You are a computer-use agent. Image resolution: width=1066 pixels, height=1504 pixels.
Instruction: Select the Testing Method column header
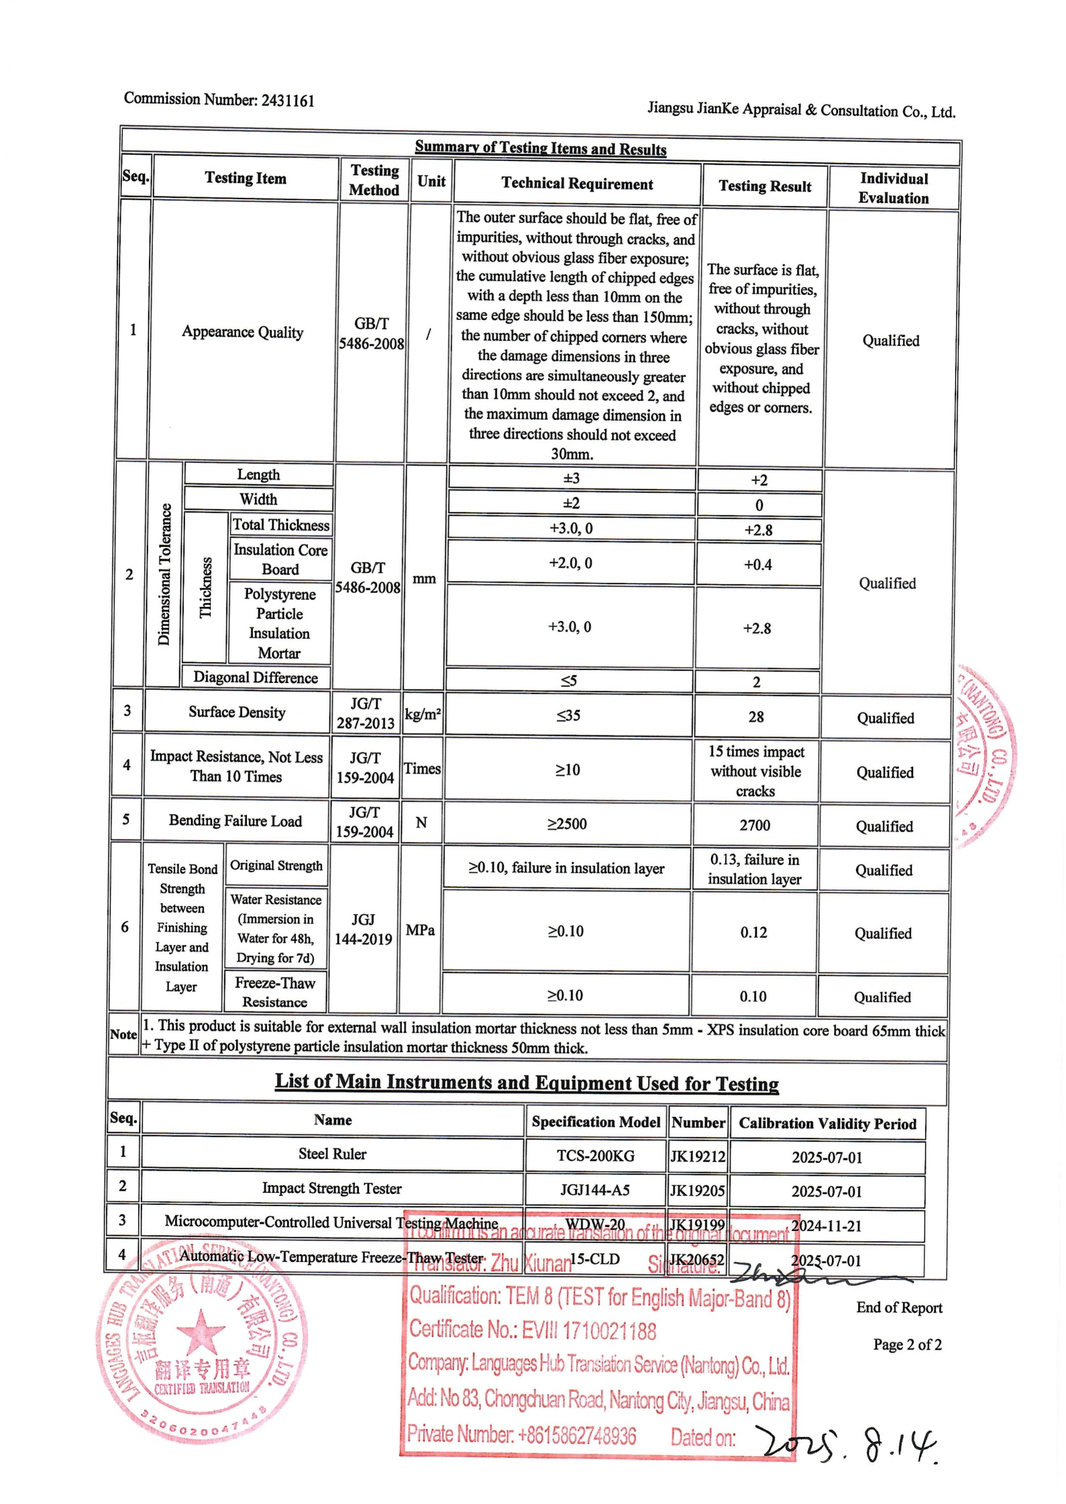(374, 180)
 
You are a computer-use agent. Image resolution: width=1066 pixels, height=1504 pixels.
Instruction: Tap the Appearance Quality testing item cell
(242, 332)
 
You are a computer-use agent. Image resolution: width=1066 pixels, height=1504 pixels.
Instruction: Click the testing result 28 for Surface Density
(755, 716)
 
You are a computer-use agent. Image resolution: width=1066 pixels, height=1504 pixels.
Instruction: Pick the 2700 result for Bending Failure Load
(754, 825)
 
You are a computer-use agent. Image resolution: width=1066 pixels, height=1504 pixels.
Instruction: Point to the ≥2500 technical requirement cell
(567, 824)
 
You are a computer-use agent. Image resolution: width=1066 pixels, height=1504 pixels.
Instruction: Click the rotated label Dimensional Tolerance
(164, 574)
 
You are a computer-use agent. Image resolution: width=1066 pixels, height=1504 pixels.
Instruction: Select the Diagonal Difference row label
(256, 677)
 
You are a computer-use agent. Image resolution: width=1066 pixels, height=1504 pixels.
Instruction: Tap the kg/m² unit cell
(422, 714)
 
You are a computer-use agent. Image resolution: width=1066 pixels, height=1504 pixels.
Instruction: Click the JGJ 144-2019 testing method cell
(363, 929)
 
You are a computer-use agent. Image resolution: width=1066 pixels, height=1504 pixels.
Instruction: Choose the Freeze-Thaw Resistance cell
(274, 992)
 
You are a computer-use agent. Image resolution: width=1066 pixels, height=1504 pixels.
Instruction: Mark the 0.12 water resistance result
(753, 932)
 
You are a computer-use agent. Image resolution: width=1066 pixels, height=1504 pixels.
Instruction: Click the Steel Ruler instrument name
(332, 1154)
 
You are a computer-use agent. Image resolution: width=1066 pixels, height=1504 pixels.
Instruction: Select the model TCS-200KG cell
(595, 1155)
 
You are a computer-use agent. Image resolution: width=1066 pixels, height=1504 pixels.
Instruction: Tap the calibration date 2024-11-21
(826, 1226)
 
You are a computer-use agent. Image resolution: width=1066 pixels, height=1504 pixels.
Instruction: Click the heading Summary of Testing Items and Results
(540, 148)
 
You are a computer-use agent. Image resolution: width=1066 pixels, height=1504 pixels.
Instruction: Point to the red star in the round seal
(200, 1331)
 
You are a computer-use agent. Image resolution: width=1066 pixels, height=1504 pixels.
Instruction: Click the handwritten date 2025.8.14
(848, 1442)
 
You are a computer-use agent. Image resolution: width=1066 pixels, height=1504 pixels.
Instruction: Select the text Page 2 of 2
(906, 1345)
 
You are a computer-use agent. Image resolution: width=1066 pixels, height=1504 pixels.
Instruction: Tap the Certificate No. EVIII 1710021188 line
(533, 1330)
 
